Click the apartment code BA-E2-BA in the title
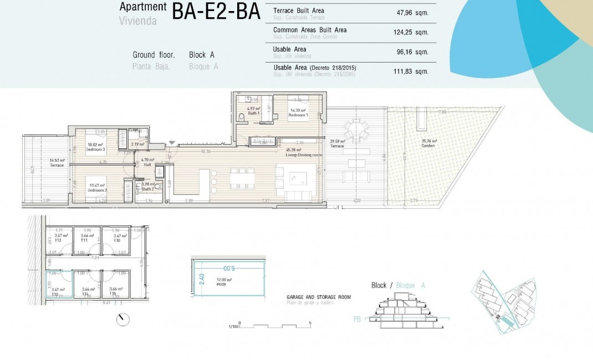[x=216, y=12]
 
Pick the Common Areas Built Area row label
[x=310, y=30]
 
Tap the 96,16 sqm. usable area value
[x=411, y=52]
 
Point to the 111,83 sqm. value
[x=411, y=70]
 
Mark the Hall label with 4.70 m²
[x=146, y=163]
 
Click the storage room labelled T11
[x=85, y=240]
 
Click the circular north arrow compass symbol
[x=122, y=320]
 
